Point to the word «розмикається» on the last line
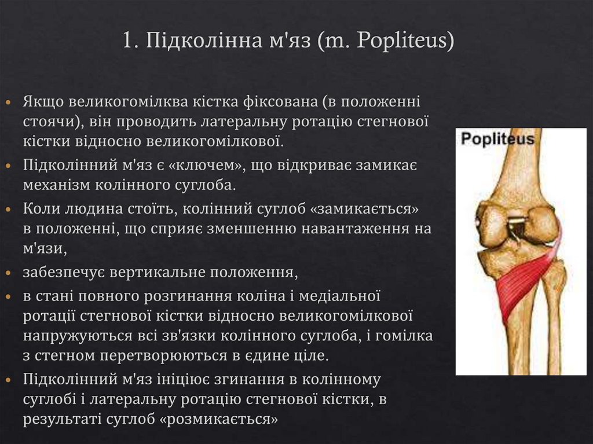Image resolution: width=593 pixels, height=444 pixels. (219, 419)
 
